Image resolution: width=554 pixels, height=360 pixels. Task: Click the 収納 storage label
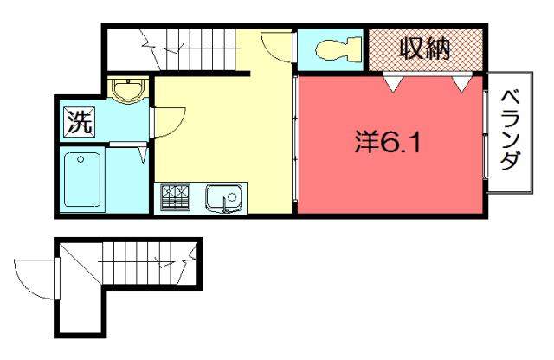click(424, 48)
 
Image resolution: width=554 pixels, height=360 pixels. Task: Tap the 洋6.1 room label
click(387, 143)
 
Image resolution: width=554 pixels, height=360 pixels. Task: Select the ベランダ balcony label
click(511, 130)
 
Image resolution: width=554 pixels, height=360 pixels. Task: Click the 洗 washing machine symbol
click(80, 122)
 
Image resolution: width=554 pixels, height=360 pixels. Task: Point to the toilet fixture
click(338, 49)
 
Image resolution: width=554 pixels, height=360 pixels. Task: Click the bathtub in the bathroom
click(82, 179)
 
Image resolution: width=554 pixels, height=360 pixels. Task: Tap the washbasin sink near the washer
click(128, 90)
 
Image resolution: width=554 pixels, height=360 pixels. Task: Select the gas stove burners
click(175, 197)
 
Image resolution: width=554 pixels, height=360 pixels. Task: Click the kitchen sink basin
click(223, 198)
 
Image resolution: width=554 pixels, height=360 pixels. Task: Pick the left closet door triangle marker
click(393, 84)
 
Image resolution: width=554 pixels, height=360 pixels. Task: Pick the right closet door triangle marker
click(461, 84)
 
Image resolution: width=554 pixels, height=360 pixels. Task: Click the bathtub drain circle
click(81, 160)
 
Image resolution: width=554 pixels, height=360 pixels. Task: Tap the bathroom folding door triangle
click(143, 155)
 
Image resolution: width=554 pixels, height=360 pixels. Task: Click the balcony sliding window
click(486, 134)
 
